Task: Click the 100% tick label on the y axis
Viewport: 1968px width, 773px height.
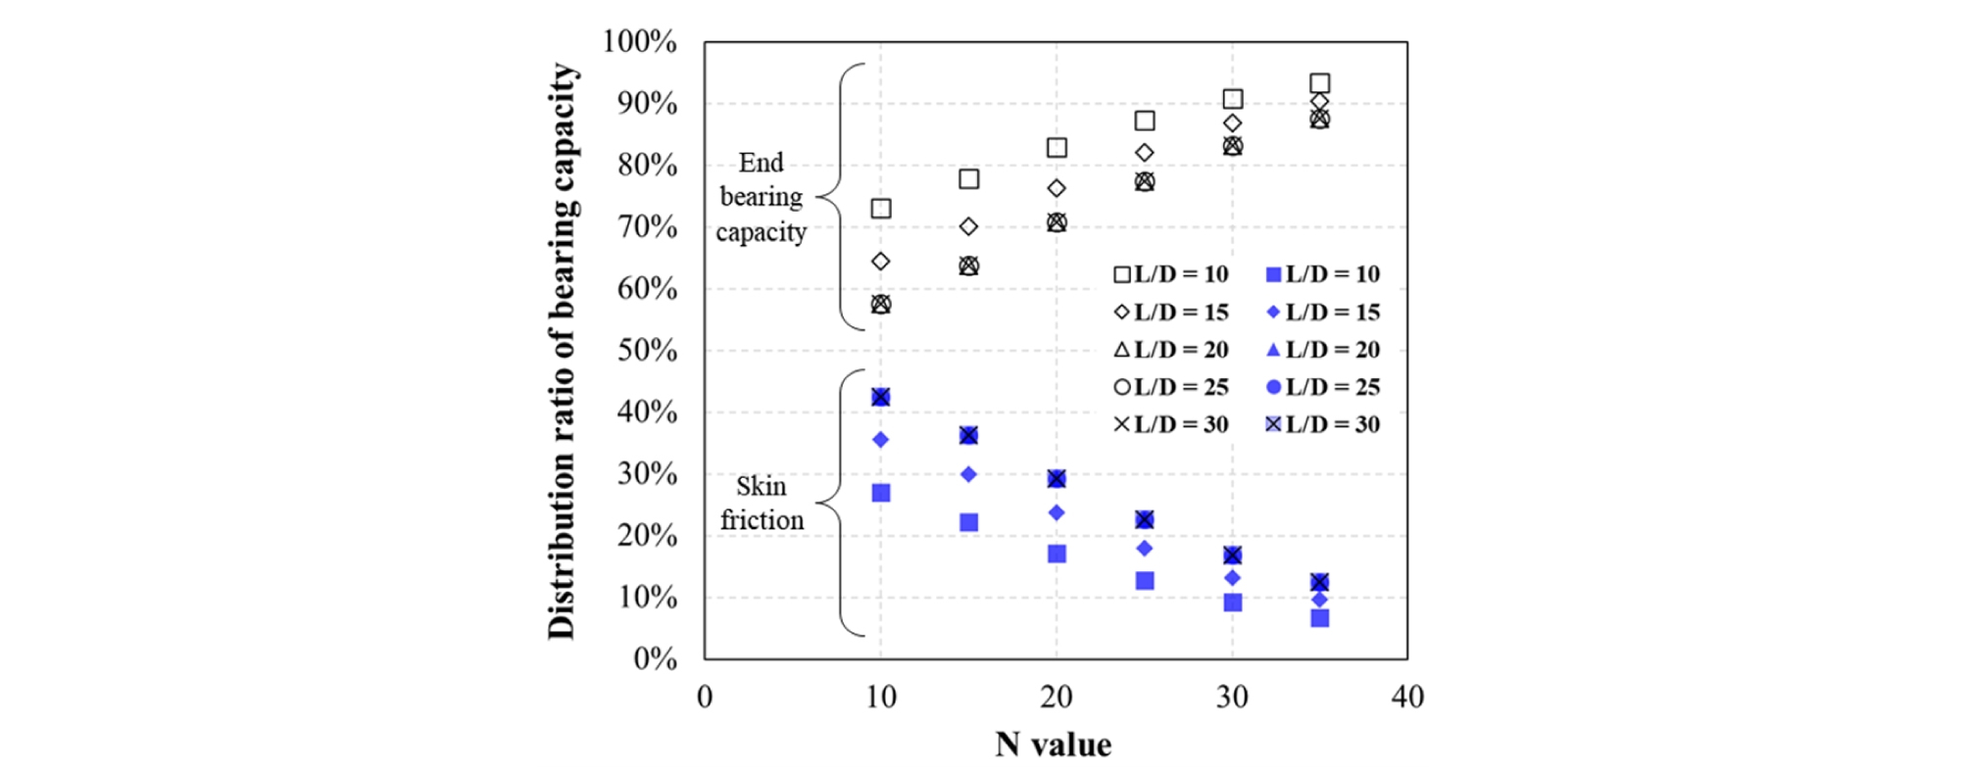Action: pyautogui.click(x=640, y=41)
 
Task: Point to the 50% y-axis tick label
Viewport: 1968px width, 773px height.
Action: pyautogui.click(x=647, y=350)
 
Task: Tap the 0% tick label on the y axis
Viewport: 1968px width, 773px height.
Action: pyautogui.click(x=655, y=658)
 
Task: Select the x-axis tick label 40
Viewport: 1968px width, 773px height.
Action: pyautogui.click(x=1407, y=697)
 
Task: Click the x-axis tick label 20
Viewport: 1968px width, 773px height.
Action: pyautogui.click(x=1056, y=697)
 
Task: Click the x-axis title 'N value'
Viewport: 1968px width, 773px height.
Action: pyautogui.click(x=1054, y=745)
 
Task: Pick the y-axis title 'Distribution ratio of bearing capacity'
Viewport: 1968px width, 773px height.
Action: pyautogui.click(x=562, y=351)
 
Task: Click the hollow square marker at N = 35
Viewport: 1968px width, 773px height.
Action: pyautogui.click(x=1320, y=83)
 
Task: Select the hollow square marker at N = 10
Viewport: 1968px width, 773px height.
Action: pyautogui.click(x=881, y=209)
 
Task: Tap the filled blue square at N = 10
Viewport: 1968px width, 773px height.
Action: pyautogui.click(x=881, y=493)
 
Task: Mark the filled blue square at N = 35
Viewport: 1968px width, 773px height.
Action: pyautogui.click(x=1320, y=618)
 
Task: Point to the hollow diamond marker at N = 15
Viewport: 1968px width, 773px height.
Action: pyautogui.click(x=968, y=226)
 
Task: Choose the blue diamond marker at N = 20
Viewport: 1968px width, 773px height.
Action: pyautogui.click(x=1057, y=512)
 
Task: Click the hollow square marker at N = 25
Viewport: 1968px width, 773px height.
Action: pyautogui.click(x=1145, y=121)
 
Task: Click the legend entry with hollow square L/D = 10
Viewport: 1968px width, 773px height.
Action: pyautogui.click(x=1171, y=274)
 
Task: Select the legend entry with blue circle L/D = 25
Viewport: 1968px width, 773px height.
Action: pyautogui.click(x=1323, y=387)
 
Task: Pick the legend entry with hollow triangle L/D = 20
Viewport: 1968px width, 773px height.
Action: pyautogui.click(x=1171, y=350)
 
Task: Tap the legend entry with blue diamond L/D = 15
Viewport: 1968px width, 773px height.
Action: pyautogui.click(x=1323, y=313)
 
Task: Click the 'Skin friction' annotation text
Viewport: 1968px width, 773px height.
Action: pyautogui.click(x=762, y=503)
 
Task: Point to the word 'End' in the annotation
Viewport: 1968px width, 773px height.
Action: pyautogui.click(x=762, y=163)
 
